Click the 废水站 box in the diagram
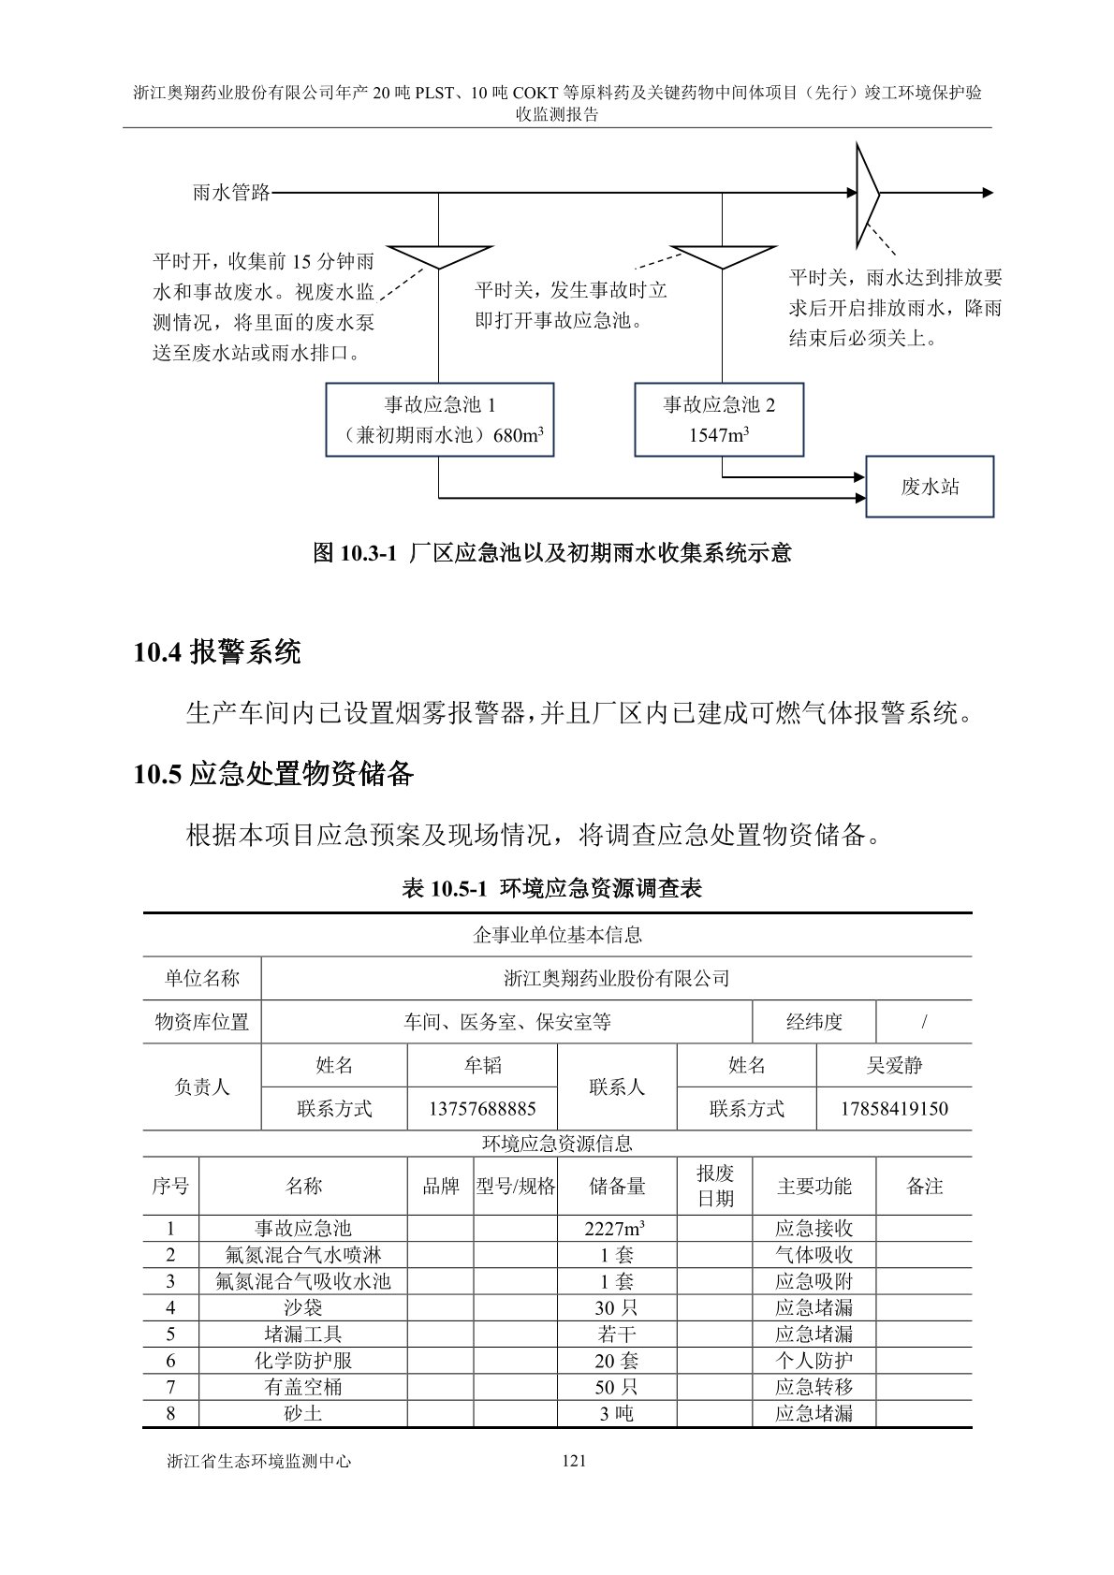click(929, 487)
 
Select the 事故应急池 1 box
click(439, 419)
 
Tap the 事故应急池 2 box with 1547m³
click(719, 419)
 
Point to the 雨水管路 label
click(231, 193)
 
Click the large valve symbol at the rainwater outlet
click(866, 194)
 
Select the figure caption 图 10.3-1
click(552, 553)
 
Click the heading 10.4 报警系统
click(217, 651)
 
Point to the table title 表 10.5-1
click(552, 888)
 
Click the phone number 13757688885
click(482, 1109)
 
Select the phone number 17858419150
click(894, 1109)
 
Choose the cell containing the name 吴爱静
click(894, 1065)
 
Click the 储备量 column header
click(617, 1187)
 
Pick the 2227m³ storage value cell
click(617, 1229)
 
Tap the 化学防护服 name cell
click(303, 1361)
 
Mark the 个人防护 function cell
click(814, 1361)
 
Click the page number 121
click(574, 1461)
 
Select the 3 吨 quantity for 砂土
click(617, 1413)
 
